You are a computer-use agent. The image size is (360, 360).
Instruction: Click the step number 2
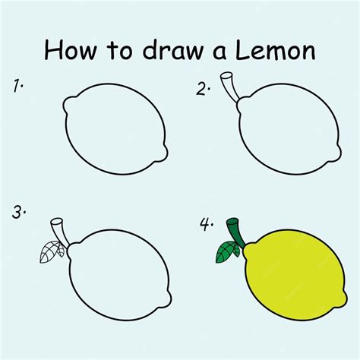pos(203,90)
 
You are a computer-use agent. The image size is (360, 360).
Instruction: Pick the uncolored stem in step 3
pos(59,230)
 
